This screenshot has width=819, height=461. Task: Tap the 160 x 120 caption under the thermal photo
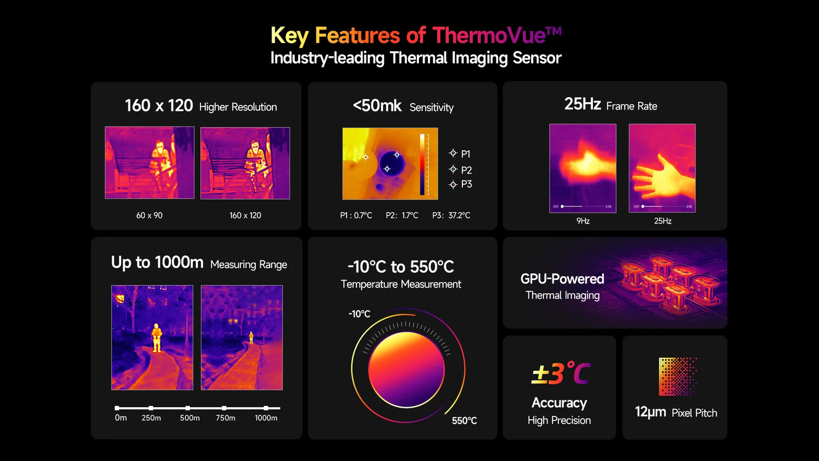tap(245, 215)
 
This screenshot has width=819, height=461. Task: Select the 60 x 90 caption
tap(149, 215)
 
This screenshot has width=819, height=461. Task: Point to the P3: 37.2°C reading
tap(451, 215)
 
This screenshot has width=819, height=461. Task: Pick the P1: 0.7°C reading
tap(356, 215)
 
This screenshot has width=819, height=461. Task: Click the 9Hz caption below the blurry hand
tap(583, 221)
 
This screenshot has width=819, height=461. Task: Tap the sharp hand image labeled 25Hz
tap(662, 168)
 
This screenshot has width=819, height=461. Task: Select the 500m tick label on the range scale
tap(189, 418)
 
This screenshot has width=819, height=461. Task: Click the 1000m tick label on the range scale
tap(266, 418)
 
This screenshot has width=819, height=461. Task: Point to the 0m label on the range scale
tap(120, 418)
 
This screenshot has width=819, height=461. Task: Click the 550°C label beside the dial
tap(464, 421)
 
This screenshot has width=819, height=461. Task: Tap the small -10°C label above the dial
tap(359, 314)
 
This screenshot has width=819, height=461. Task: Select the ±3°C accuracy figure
tap(560, 374)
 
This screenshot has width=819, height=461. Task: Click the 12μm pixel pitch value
tap(650, 412)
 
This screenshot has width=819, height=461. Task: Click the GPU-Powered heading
tap(562, 279)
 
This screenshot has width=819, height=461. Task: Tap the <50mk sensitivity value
tap(377, 105)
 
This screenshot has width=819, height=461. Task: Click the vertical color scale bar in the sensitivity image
tap(422, 164)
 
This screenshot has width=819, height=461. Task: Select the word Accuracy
tap(559, 403)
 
